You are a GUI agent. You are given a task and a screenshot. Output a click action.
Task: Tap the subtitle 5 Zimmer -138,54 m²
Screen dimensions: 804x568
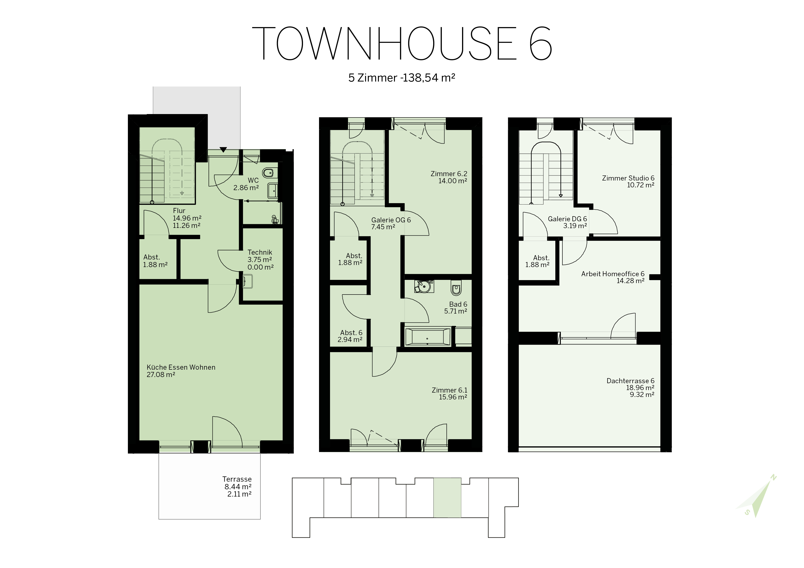pos(402,77)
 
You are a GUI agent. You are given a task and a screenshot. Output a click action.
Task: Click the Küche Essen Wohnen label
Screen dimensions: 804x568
pos(181,367)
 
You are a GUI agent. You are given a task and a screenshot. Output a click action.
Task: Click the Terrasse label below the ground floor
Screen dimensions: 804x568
pos(237,479)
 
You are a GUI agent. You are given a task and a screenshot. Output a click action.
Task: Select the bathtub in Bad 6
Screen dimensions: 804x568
pos(427,337)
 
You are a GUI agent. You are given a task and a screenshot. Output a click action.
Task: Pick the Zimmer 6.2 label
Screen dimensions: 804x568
pos(449,174)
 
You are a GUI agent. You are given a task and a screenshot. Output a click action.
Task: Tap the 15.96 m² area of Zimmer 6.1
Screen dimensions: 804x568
pos(453,397)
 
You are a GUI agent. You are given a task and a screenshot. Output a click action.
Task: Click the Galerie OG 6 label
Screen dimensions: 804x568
pos(391,220)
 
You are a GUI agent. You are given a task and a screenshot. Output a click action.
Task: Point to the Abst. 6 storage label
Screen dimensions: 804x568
pos(351,333)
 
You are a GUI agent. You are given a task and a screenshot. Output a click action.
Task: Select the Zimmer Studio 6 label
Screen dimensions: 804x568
pos(628,178)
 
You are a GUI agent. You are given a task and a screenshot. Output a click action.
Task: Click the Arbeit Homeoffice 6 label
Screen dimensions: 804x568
pos(613,274)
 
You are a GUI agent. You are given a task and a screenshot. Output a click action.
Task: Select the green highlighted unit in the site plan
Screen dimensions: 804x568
pos(447,497)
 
